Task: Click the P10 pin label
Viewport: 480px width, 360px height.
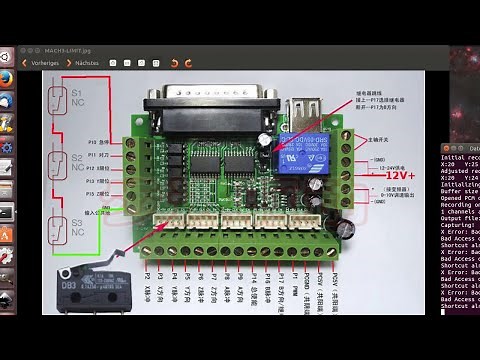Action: [98, 142]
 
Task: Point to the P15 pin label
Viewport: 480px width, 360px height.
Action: [98, 193]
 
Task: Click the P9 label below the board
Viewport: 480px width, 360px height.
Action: [241, 274]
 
